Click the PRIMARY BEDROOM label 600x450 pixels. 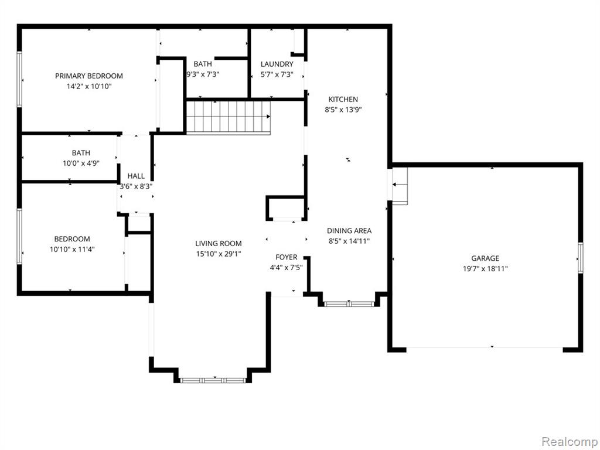(89, 76)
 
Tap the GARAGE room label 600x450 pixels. (485, 258)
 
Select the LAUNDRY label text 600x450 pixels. (277, 64)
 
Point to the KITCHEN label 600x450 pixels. (343, 99)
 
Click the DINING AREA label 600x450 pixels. (349, 231)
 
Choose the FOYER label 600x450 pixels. (286, 257)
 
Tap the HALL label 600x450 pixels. (136, 176)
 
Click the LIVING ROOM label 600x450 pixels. (218, 243)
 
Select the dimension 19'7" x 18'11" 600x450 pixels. (485, 268)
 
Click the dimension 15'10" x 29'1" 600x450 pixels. (218, 254)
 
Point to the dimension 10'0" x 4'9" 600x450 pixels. (81, 163)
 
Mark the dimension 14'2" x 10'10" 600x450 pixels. (89, 87)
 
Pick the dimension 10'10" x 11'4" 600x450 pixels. (72, 250)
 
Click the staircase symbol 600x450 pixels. (229, 117)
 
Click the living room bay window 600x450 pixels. (213, 380)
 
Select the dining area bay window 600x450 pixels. (349, 304)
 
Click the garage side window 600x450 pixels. (581, 258)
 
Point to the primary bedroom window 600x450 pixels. (19, 79)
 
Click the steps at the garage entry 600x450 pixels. (400, 186)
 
